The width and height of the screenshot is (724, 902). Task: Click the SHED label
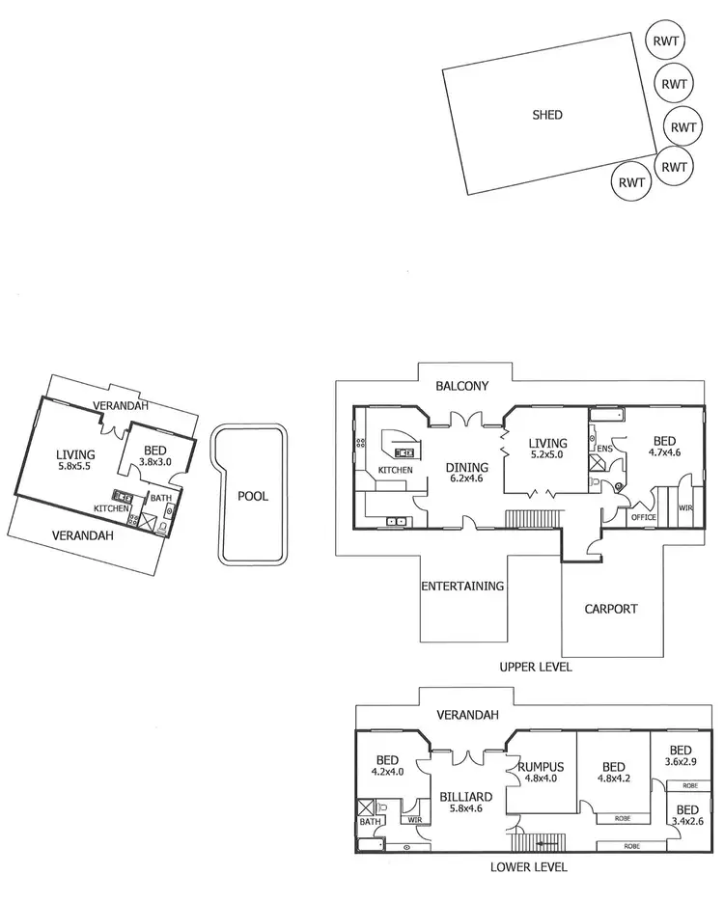547,115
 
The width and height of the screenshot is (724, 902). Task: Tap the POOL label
253,497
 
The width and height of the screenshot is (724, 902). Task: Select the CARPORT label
612,609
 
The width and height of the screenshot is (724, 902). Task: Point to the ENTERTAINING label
463,586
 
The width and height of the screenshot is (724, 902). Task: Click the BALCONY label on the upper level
462,386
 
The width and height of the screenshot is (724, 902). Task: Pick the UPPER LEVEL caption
535,667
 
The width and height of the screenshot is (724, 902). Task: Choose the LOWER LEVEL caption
529,867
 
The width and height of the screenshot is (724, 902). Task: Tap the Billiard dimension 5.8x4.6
466,810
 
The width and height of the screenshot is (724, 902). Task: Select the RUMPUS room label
541,768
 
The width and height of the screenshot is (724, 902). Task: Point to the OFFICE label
643,517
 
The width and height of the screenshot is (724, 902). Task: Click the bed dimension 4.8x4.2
612,781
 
